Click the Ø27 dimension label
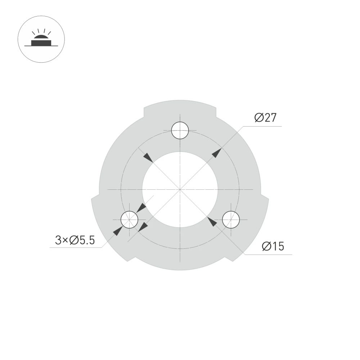point(265,118)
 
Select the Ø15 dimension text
point(273,247)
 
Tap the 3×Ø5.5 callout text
point(75,240)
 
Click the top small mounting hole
point(180,130)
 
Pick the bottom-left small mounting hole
point(129,220)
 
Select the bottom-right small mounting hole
point(231,220)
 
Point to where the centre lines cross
point(180,189)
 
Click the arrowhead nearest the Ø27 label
point(216,153)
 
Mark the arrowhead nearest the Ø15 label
point(213,222)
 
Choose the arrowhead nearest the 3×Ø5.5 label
point(117,231)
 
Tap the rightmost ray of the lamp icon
point(48,33)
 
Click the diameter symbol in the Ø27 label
point(259,118)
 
